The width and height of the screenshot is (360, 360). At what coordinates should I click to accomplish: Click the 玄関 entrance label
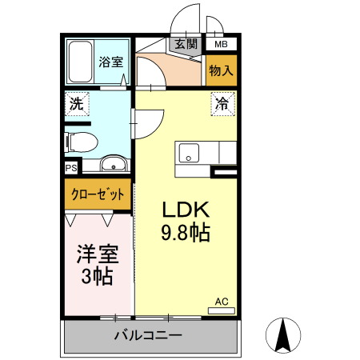pyautogui.click(x=186, y=45)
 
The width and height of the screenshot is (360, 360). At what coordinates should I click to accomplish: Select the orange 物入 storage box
pyautogui.click(x=221, y=70)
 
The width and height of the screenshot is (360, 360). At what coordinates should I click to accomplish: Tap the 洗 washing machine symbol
pyautogui.click(x=77, y=103)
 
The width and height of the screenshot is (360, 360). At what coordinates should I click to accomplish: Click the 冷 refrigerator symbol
pyautogui.click(x=223, y=103)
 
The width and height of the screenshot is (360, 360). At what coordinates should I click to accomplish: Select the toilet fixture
pyautogui.click(x=81, y=142)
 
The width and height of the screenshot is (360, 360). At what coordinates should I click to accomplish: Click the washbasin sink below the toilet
pyautogui.click(x=115, y=166)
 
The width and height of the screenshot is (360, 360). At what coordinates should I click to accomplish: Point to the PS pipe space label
pyautogui.click(x=71, y=168)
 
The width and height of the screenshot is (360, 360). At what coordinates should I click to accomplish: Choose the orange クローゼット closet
pyautogui.click(x=98, y=194)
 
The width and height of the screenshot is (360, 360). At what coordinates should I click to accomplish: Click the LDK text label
pyautogui.click(x=186, y=210)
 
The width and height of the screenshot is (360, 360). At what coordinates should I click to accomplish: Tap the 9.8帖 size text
pyautogui.click(x=186, y=234)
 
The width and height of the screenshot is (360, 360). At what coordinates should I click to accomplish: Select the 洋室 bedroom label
pyautogui.click(x=97, y=255)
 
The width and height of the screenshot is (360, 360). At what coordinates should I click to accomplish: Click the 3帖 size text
pyautogui.click(x=97, y=278)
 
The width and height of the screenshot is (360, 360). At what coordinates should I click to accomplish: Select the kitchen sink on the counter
pyautogui.click(x=190, y=152)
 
